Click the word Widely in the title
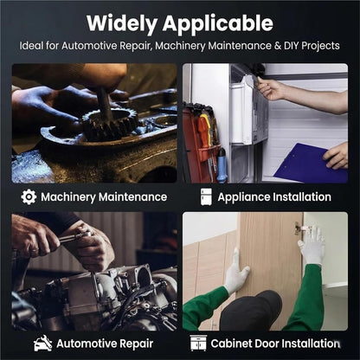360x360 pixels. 122,24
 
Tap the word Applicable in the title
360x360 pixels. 218,24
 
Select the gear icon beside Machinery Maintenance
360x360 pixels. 29,197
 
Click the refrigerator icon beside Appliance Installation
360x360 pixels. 206,197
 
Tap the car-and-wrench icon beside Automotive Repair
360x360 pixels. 42,344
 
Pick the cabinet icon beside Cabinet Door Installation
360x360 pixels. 198,344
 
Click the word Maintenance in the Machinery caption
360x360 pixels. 132,197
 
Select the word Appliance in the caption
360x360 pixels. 244,197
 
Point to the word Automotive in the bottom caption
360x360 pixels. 87,344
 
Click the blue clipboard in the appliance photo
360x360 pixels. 309,163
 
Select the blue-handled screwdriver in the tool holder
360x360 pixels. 221,165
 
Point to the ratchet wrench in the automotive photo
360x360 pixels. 75,237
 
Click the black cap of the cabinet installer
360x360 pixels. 250,311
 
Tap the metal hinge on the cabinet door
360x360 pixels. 301,228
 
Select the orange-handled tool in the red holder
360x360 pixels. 203,132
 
